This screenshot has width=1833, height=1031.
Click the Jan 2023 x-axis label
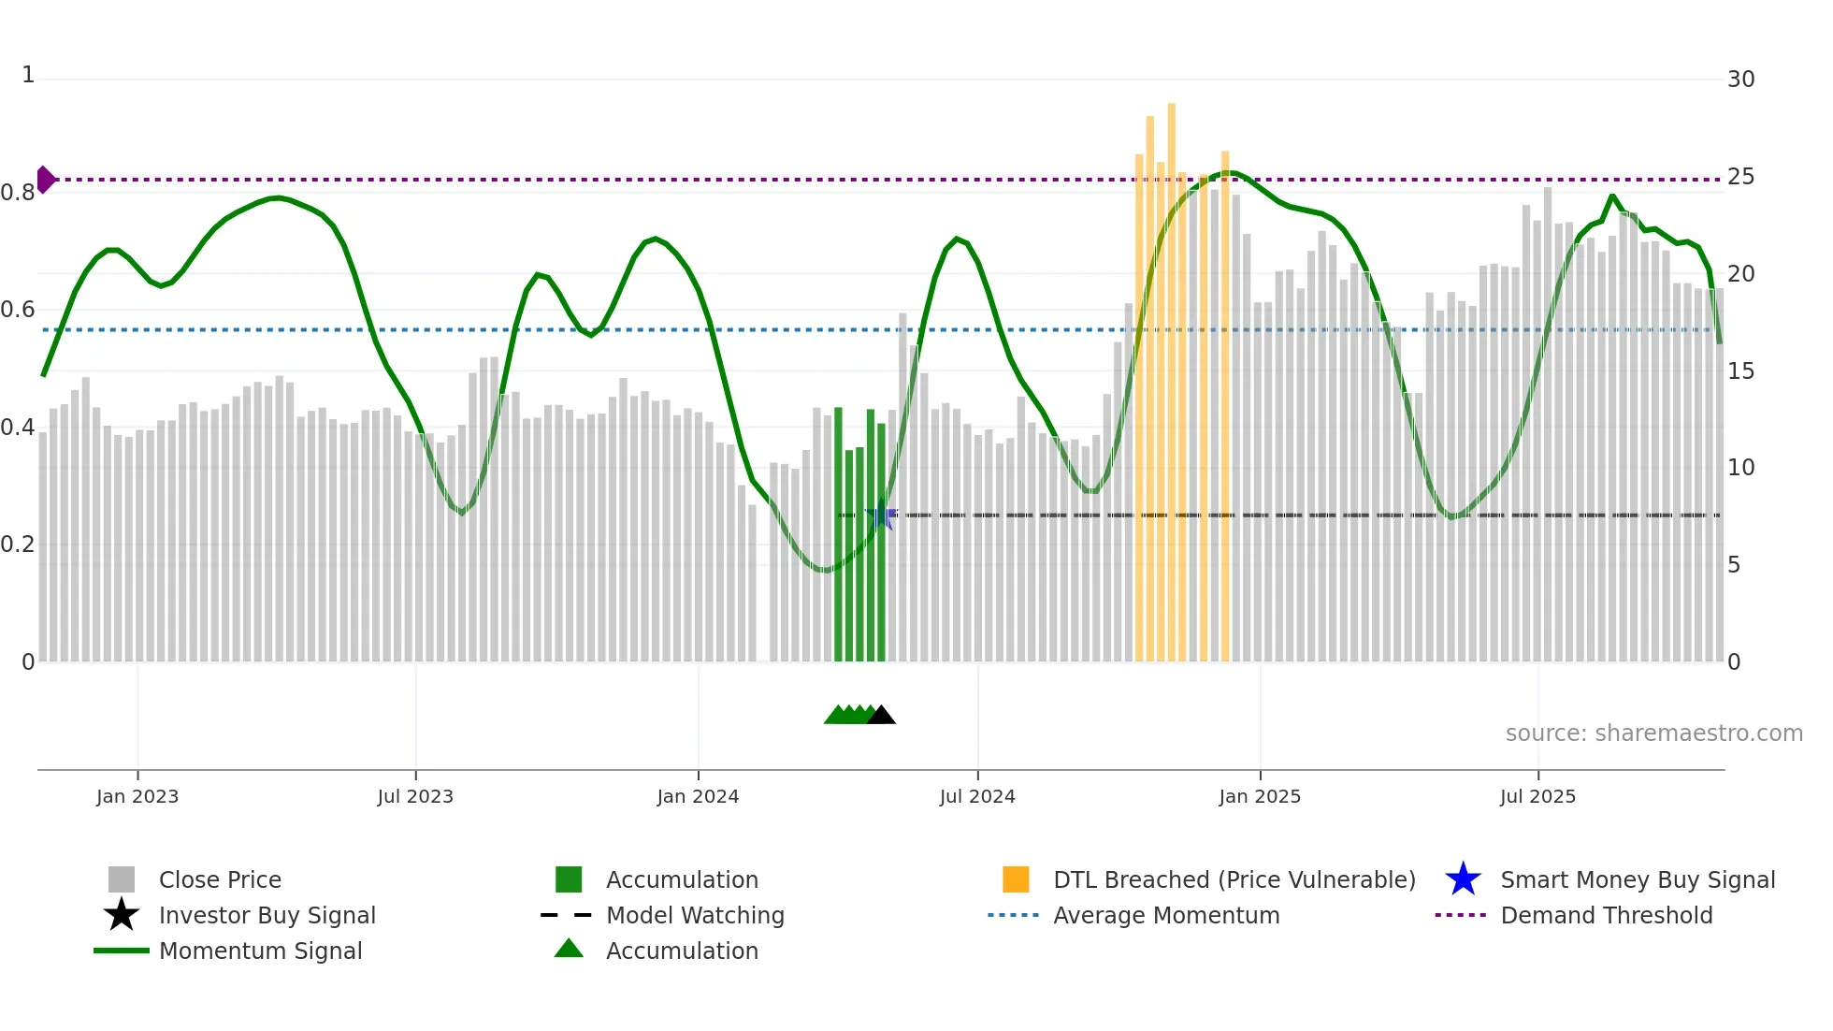(137, 796)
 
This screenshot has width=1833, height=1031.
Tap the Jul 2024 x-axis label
(977, 796)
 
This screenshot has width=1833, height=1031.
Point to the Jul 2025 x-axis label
(1537, 796)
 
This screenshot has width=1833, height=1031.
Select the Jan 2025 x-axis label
(1260, 796)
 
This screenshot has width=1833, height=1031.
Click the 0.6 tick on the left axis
(18, 310)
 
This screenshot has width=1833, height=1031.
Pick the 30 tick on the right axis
(1740, 80)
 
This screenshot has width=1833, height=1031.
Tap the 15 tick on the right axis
(1740, 371)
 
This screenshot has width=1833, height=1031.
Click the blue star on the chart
(881, 515)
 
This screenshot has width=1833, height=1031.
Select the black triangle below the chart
(881, 716)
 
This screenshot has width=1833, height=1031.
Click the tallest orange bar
(1171, 374)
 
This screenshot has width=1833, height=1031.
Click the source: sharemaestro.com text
(1653, 733)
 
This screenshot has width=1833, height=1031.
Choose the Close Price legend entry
(220, 880)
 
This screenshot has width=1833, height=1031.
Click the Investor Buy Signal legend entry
(267, 916)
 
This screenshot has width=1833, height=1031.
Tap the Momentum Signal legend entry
(260, 951)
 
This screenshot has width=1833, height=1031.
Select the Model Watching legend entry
(695, 916)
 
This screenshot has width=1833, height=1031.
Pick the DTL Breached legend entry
(1234, 880)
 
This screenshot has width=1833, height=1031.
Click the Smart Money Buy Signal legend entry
(1637, 880)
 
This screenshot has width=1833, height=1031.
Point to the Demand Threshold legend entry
(1606, 916)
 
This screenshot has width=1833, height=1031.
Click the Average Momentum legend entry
(1166, 916)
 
